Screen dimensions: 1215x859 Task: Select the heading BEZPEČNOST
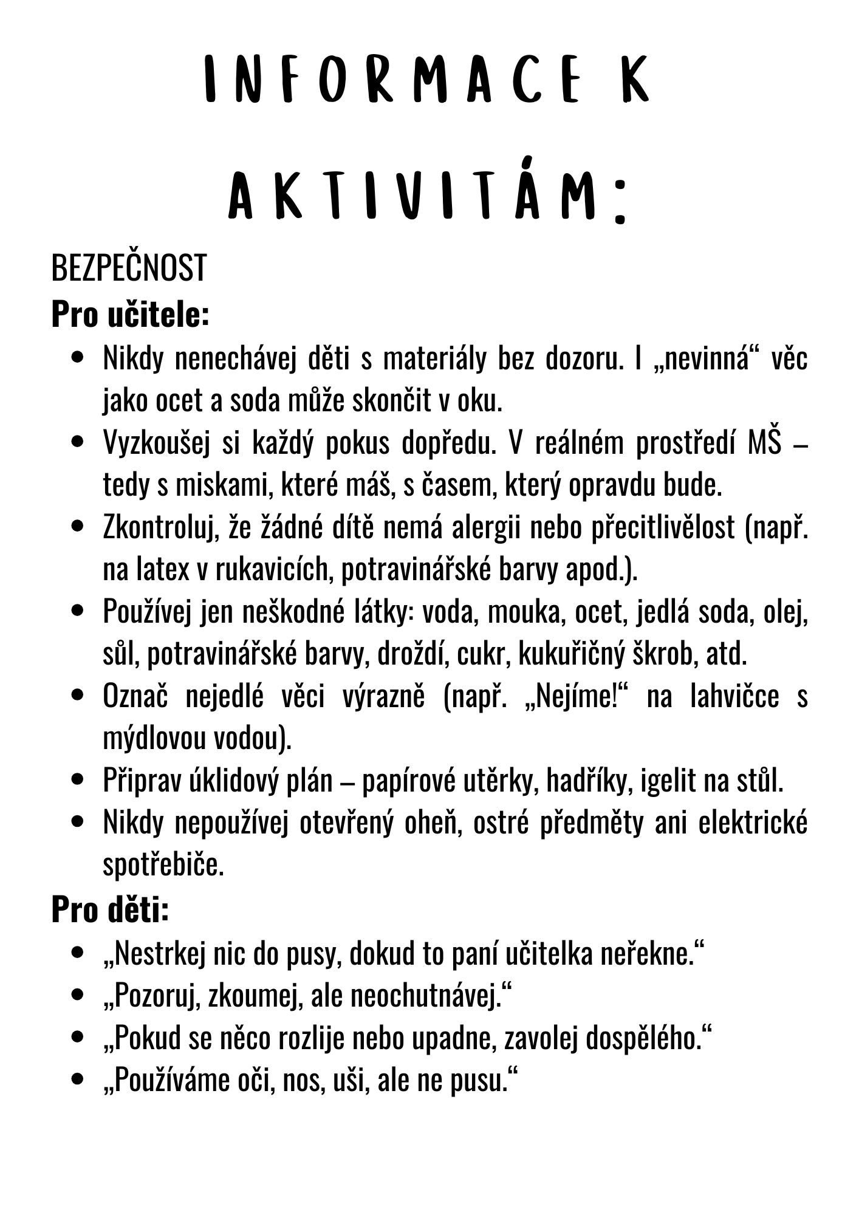click(x=129, y=269)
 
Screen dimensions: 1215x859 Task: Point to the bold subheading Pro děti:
click(x=109, y=910)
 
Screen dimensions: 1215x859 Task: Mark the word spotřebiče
click(x=163, y=866)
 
